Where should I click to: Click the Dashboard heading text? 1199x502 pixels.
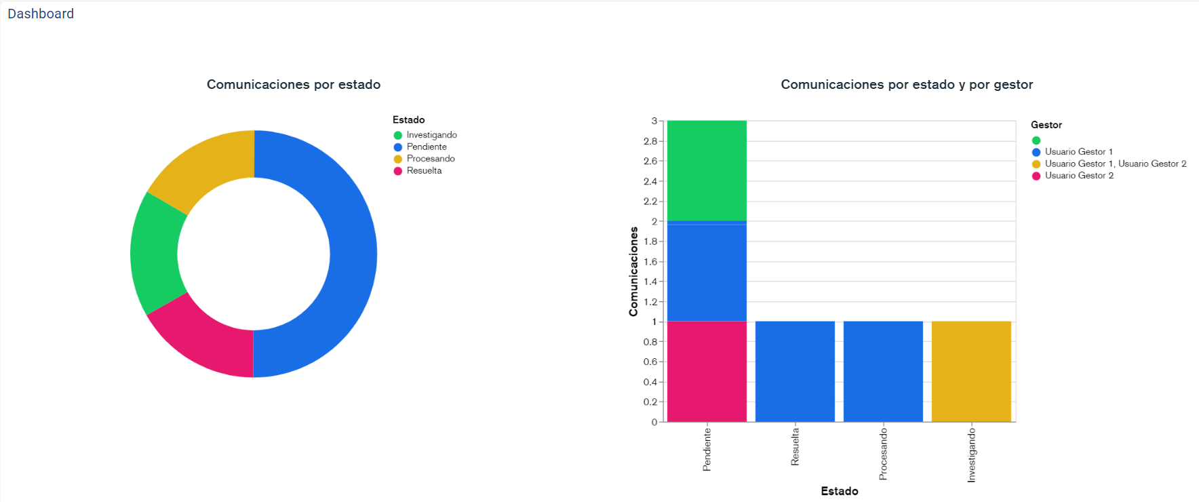coord(41,14)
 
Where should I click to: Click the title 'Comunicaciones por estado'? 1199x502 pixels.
coord(293,85)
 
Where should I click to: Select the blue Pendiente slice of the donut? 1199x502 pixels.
coord(342,254)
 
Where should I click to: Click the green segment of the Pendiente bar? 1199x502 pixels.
coord(707,170)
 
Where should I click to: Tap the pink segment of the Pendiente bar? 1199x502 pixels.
coord(707,371)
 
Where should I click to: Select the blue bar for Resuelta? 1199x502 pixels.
coord(795,371)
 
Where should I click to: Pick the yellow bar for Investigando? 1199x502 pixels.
coord(971,371)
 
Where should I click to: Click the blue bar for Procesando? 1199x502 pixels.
coord(883,371)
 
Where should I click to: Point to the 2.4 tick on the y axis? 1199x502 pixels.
coord(650,181)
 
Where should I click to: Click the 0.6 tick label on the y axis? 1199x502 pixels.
coord(650,362)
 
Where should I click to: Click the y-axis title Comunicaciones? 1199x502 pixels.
coord(633,271)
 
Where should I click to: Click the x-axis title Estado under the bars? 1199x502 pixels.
coord(840,491)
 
